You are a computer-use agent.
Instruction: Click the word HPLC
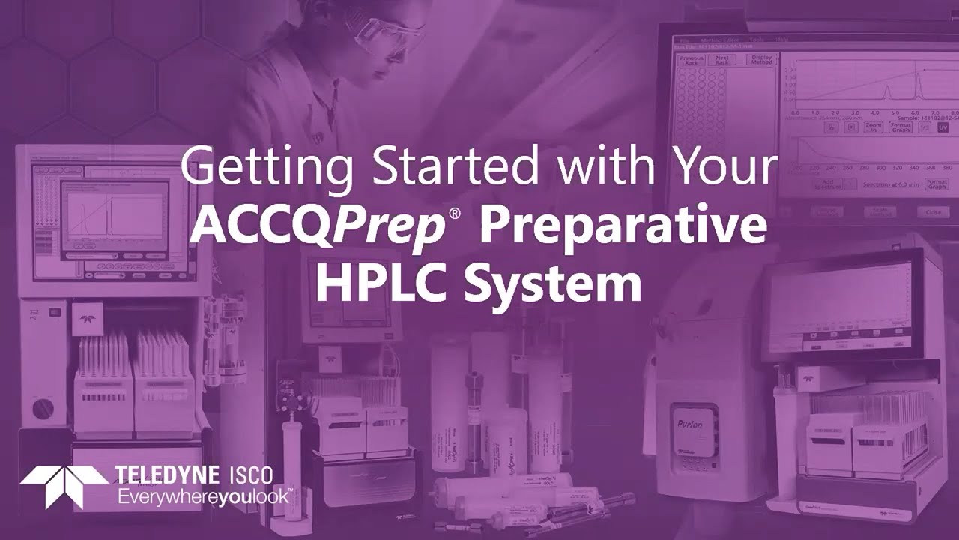pos(381,283)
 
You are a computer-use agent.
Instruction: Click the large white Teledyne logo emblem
pos(64,485)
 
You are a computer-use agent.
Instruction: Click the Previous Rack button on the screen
pos(691,61)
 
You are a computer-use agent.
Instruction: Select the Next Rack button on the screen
pos(722,61)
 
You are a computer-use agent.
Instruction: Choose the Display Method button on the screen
pos(761,61)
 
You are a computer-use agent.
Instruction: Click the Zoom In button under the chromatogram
pos(873,127)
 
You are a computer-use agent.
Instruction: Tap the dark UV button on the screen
pos(943,127)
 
